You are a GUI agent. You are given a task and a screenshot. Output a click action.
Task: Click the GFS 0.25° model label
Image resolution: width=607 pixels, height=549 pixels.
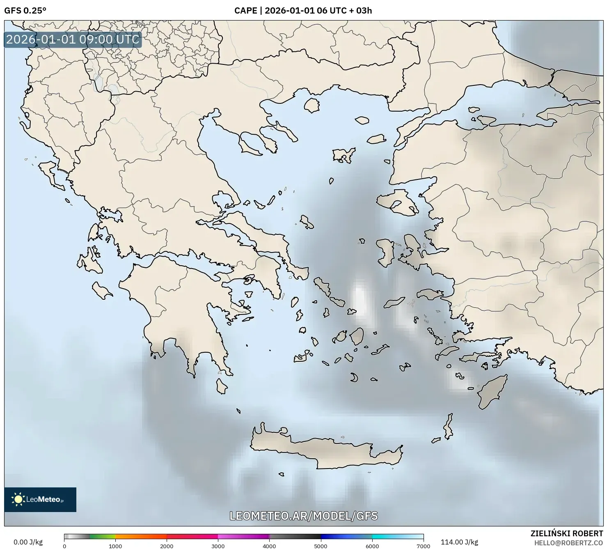[25, 11]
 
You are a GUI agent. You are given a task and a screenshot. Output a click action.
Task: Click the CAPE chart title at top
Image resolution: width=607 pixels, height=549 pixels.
[303, 11]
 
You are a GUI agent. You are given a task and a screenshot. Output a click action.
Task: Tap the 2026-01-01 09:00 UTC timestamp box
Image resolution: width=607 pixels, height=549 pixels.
[73, 39]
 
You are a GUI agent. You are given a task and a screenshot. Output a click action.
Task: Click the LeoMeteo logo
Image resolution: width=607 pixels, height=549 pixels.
[40, 499]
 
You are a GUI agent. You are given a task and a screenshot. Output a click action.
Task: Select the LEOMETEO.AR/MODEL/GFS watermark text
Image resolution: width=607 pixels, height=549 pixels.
[303, 516]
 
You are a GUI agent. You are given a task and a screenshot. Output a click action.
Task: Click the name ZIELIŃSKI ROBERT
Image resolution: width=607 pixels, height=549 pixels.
[567, 533]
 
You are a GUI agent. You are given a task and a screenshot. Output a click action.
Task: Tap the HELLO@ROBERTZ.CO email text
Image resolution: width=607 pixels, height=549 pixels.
[571, 542]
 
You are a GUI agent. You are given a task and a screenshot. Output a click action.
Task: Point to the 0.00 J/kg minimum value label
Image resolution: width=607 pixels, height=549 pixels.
[28, 542]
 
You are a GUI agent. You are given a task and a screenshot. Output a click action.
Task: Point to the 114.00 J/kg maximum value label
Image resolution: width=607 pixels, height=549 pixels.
[459, 542]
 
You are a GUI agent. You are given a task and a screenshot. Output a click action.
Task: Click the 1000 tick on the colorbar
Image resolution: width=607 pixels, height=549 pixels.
[115, 546]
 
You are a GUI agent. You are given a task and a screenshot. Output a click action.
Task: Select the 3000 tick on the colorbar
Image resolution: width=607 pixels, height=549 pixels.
[218, 546]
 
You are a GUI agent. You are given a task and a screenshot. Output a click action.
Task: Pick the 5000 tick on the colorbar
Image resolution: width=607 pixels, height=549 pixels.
[321, 546]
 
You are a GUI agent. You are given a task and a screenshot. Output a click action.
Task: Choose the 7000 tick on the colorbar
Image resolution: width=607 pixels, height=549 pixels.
[423, 546]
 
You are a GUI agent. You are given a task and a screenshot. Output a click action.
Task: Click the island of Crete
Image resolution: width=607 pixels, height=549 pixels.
[324, 450]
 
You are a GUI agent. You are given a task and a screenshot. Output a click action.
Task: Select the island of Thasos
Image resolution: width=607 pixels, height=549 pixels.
[312, 105]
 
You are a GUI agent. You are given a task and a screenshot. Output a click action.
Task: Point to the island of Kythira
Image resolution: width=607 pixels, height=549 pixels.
[222, 386]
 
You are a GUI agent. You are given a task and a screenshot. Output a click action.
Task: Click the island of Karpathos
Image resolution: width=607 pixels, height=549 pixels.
[449, 427]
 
